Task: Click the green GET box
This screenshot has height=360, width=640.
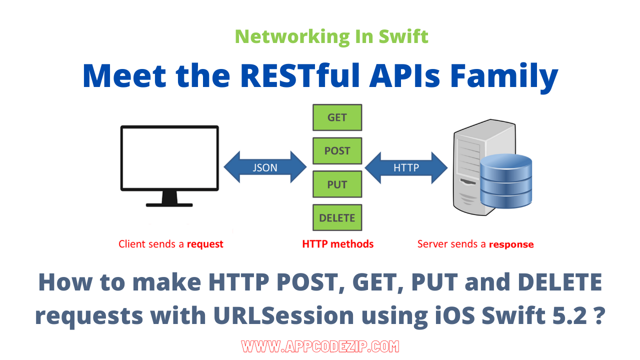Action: [x=337, y=117]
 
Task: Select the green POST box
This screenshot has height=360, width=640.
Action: [x=337, y=151]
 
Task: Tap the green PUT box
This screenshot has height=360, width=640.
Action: [x=337, y=184]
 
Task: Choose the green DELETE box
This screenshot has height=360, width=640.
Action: [x=337, y=218]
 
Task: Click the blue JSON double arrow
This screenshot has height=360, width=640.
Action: [x=265, y=168]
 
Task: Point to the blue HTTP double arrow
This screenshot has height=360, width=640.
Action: [x=406, y=168]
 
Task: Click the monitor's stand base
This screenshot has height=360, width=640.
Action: [x=169, y=204]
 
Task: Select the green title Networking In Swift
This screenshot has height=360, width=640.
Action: [x=331, y=36]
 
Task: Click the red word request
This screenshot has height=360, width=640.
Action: [x=205, y=244]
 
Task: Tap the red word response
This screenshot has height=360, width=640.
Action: [x=511, y=245]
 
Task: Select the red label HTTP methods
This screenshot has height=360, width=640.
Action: [x=337, y=244]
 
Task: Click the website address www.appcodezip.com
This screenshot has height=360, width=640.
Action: [x=320, y=346]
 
